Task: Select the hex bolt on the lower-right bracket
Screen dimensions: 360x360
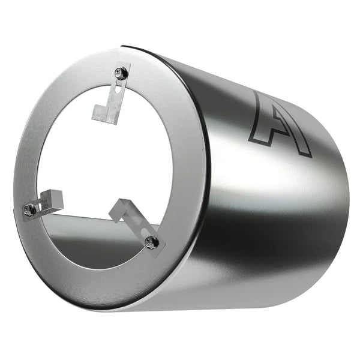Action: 150,242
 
